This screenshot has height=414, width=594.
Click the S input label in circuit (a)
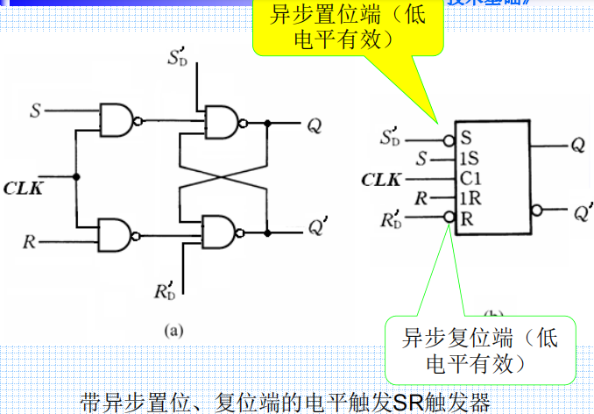[x=35, y=111]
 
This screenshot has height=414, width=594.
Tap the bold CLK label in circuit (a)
[x=27, y=186]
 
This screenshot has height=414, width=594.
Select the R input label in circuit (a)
[x=30, y=241]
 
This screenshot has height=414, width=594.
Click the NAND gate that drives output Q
[x=221, y=124]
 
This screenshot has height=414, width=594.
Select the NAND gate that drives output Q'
[x=221, y=231]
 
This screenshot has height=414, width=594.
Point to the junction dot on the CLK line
[x=77, y=176]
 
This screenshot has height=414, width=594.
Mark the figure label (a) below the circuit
[x=174, y=330]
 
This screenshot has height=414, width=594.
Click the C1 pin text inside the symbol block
[x=470, y=180]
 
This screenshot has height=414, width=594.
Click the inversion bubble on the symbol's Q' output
[x=536, y=211]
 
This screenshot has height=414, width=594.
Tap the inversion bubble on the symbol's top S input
[x=449, y=139]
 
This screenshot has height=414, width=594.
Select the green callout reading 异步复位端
[x=478, y=349]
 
